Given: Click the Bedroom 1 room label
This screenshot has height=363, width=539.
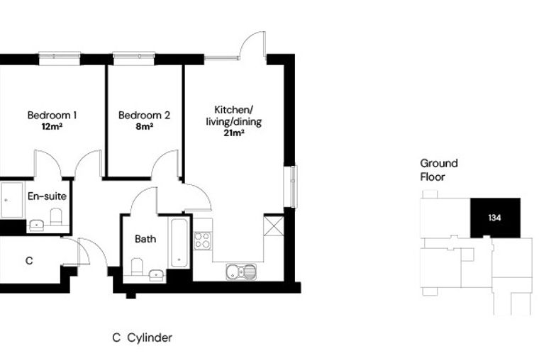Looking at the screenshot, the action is pos(52,115).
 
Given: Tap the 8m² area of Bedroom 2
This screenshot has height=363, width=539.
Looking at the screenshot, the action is pos(145,127).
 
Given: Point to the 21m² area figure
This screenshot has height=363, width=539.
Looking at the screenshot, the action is pos(234,133).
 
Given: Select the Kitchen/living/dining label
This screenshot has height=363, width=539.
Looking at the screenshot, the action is pos(234,116).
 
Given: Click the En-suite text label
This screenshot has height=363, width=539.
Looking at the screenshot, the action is pos(47,196).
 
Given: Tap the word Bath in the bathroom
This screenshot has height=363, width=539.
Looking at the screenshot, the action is pos(145,239).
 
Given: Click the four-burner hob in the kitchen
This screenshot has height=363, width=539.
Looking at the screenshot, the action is pos(202,240).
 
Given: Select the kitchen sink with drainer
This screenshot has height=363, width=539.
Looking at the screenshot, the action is pos(241,272).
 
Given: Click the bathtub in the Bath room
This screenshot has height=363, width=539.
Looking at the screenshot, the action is pos(179,243).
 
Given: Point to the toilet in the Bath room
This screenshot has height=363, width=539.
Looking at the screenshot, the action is pos(137,267).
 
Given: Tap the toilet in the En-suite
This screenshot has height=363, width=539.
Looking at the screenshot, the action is pos(56,216).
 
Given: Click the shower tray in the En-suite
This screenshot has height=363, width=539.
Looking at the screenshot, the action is pos(12,200).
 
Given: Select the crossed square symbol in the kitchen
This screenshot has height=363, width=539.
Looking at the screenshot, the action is pos(274,226).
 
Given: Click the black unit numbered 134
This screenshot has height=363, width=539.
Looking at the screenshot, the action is pos(495,218).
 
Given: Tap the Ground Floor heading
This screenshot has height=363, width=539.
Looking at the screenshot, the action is pos(439,170).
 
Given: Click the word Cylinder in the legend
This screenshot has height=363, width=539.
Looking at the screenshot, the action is pos(150,338).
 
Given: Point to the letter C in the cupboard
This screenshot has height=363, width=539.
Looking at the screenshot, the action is pos(29,261).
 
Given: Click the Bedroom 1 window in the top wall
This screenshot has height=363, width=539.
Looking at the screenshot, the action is pos(60,58).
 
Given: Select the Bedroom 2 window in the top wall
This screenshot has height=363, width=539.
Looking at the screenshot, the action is pos(134,58).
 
